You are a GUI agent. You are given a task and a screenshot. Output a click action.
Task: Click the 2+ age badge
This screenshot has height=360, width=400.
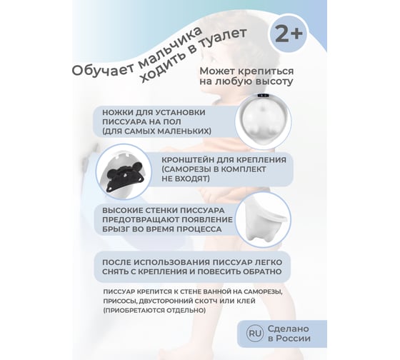(x=289, y=34)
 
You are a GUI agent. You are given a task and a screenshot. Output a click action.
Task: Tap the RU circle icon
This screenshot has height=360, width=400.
(x=255, y=334)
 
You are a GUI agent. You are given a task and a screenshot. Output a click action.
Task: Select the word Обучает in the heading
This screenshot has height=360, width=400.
(x=101, y=69)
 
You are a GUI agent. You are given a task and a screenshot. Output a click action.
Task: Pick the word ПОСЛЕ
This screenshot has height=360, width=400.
(x=116, y=262)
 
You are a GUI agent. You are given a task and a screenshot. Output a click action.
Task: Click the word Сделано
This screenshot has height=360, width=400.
(x=288, y=329)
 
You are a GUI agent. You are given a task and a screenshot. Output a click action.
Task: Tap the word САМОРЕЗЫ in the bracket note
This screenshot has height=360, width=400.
(x=186, y=169)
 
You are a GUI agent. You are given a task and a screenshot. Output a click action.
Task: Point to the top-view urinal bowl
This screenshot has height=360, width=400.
(x=264, y=121)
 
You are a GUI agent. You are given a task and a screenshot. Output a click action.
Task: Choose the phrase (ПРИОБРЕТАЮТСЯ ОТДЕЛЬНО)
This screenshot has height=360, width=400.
(x=154, y=311)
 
